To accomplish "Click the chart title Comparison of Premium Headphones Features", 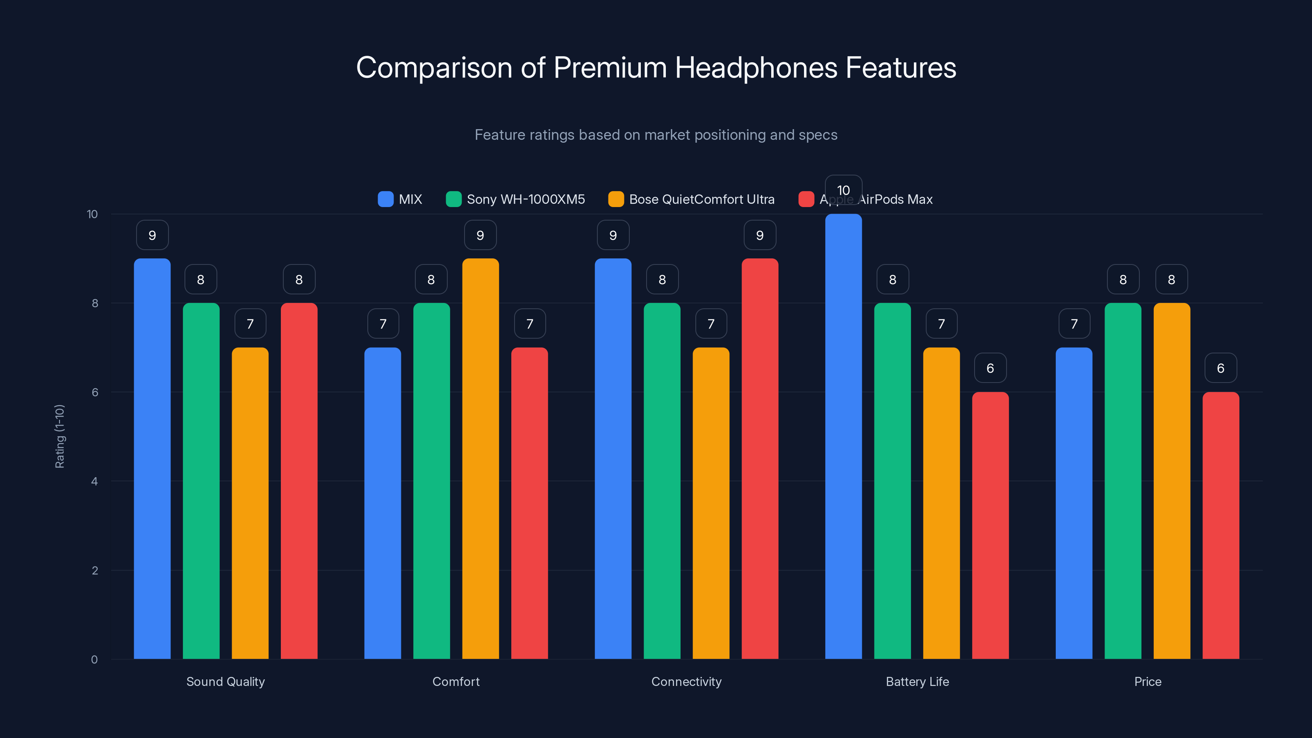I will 656,67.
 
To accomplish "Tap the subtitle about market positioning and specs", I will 656,134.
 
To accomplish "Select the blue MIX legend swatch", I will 385,199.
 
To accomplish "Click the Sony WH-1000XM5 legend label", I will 526,199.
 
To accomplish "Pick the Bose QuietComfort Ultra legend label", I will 702,199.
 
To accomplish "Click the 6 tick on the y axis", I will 95,392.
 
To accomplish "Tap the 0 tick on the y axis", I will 94,660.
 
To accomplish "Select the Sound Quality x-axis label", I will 225,681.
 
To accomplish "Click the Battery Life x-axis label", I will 917,681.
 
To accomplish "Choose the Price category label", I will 1148,681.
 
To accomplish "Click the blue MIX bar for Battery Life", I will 843,438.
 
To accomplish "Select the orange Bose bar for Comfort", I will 480,458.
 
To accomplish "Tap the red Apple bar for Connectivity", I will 760,458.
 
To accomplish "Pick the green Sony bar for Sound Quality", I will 201,481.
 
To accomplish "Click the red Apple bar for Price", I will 1221,525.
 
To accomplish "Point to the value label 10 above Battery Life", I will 843,190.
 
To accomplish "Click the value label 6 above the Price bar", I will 1221,368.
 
